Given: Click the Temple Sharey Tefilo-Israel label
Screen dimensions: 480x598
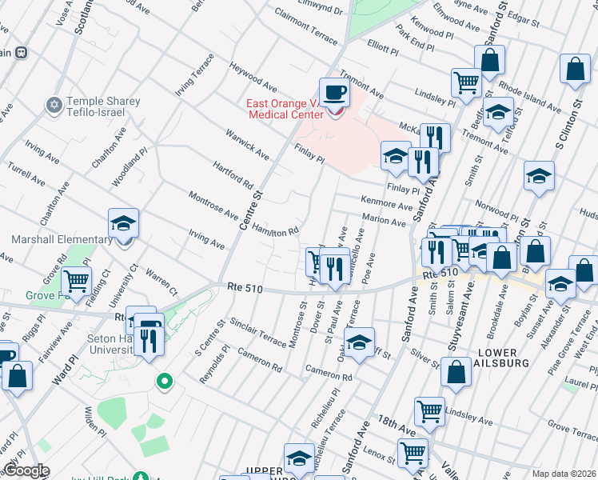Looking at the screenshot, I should click(103, 106).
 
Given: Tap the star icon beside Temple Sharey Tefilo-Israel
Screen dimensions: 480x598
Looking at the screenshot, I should click(55, 103).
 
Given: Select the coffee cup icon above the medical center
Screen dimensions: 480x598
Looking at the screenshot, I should click(334, 94).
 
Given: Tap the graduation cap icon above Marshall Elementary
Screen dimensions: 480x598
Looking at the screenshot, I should click(123, 225).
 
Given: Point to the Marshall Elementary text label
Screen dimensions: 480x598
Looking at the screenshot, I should click(62, 240).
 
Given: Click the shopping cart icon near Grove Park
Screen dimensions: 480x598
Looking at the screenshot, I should click(76, 282).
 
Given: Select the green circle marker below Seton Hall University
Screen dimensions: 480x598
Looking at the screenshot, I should click(165, 382).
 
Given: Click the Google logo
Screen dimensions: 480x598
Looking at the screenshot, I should click(26, 470).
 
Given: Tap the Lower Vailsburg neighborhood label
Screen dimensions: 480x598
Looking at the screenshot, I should click(504, 358).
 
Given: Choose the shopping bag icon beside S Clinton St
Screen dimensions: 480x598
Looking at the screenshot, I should click(575, 71).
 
